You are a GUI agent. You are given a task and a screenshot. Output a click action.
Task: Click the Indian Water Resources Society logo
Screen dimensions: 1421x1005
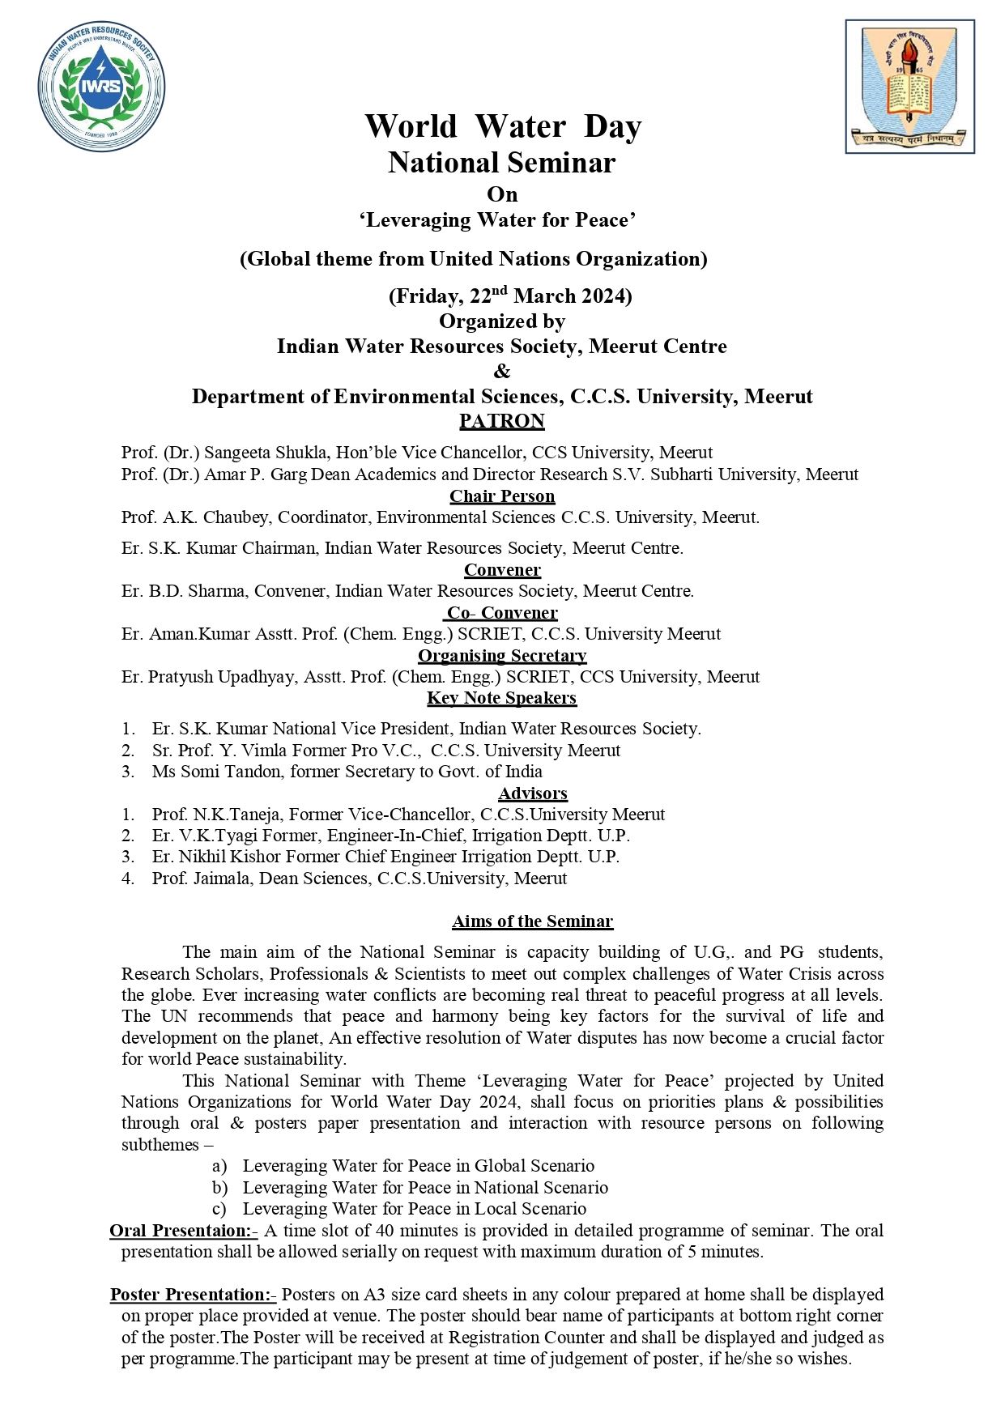[101, 87]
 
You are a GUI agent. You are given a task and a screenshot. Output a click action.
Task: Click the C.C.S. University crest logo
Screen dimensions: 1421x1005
[909, 87]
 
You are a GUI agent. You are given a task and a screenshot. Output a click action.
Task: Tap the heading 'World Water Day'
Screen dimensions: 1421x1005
[502, 126]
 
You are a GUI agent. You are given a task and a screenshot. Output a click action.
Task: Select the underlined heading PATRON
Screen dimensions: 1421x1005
[502, 421]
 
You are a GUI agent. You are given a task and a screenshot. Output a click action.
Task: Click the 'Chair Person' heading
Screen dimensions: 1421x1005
[502, 496]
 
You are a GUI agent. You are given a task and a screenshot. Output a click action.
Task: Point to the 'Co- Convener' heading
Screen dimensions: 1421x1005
[502, 613]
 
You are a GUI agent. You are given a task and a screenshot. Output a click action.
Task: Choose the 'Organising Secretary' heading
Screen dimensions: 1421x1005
[502, 655]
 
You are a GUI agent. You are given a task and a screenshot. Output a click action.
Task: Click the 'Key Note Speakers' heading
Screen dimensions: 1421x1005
[502, 698]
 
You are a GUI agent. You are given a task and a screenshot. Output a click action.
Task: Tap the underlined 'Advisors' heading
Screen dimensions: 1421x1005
[533, 793]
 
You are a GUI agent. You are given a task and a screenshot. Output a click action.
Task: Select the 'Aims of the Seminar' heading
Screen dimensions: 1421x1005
[532, 921]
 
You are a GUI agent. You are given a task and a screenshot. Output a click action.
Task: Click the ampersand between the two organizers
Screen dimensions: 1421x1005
[502, 372]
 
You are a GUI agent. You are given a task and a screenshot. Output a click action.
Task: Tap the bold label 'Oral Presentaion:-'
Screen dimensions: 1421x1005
[183, 1231]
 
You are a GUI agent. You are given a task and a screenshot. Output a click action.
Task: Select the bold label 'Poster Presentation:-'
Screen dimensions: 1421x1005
[193, 1295]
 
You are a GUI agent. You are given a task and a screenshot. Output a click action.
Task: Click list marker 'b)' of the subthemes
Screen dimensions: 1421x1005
[220, 1188]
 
